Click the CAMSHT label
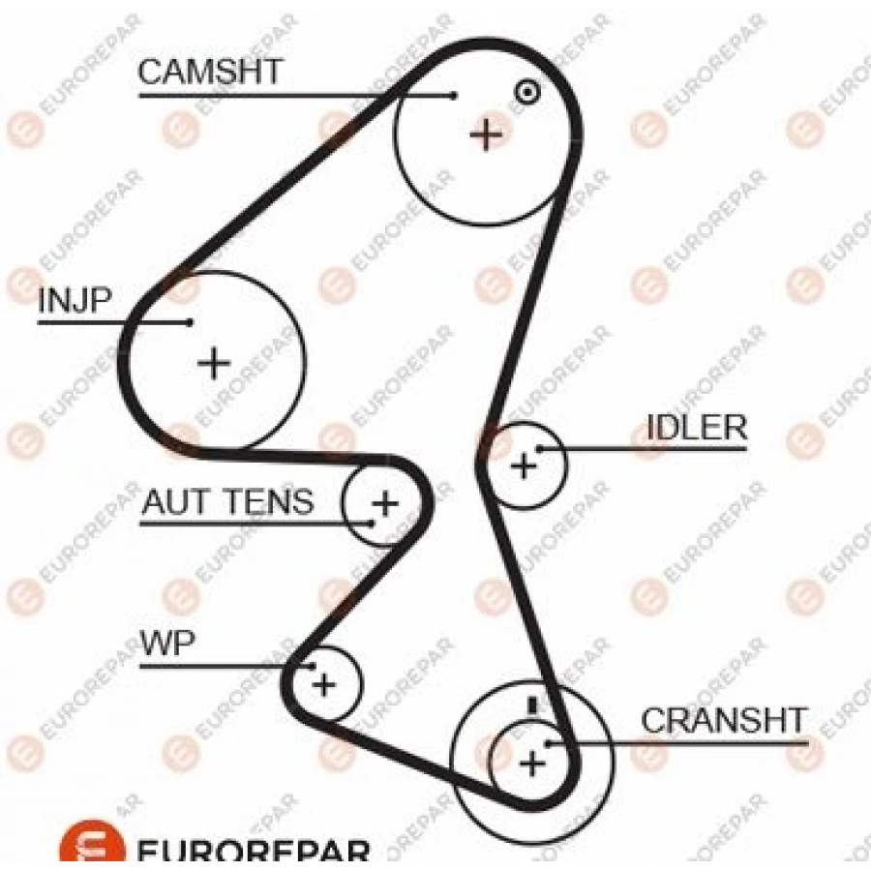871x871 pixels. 210,73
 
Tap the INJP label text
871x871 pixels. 75,301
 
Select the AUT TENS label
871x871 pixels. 227,501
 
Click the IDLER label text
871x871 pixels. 697,428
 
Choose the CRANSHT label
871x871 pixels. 724,721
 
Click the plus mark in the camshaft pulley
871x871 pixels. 486,134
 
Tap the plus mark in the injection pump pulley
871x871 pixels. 214,364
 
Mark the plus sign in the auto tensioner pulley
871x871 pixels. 385,503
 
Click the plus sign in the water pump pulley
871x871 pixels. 323,685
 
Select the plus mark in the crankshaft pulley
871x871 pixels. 532,765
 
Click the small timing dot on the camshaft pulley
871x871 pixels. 526,92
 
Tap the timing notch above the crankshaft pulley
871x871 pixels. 531,704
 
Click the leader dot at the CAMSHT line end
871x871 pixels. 454,95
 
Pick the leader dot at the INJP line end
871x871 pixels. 191,322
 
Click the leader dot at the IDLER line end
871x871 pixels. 538,449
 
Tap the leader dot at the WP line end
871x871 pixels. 312,667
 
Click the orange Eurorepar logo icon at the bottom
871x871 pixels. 93,847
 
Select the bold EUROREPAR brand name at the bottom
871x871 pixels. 254,852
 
